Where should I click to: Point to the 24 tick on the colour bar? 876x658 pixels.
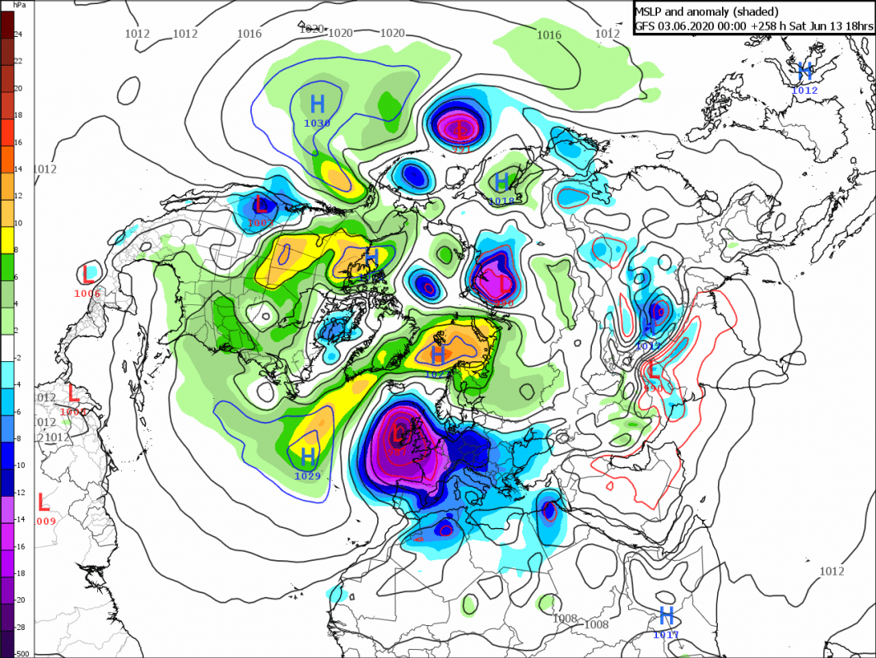click(x=18, y=34)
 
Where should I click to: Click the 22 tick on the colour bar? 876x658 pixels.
click(x=18, y=61)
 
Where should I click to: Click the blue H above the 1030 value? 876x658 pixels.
click(x=317, y=104)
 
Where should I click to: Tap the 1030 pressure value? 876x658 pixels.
click(x=317, y=123)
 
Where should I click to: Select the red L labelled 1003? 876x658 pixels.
click(x=262, y=204)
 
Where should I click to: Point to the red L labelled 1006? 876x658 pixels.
click(x=88, y=275)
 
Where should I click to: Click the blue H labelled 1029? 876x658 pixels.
click(x=308, y=456)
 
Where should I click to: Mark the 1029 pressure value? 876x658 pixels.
click(x=307, y=475)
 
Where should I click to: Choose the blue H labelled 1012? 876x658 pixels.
click(x=804, y=71)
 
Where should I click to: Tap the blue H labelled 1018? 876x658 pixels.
click(x=501, y=182)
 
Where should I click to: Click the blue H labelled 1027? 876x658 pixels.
click(x=438, y=355)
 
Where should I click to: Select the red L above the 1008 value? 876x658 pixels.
click(x=73, y=393)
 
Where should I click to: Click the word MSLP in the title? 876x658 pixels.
click(x=650, y=10)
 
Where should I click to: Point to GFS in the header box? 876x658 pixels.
click(x=645, y=25)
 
